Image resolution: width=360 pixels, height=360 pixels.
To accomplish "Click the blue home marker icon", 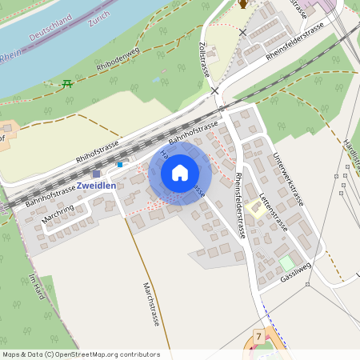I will [180, 172].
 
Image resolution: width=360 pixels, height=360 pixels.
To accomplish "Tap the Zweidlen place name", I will [96, 186].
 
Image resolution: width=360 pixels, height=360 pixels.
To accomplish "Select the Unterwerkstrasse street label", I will [287, 178].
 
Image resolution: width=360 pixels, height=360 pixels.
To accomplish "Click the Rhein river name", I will [10, 57].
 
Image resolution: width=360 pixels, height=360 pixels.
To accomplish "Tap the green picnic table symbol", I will [68, 82].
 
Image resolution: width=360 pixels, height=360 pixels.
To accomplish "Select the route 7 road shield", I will [258, 337].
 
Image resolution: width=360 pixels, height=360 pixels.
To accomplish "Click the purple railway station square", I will [97, 173].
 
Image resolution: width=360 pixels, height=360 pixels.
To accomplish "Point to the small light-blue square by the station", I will [120, 165].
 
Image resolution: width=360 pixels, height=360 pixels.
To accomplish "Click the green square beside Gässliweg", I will [286, 262].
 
